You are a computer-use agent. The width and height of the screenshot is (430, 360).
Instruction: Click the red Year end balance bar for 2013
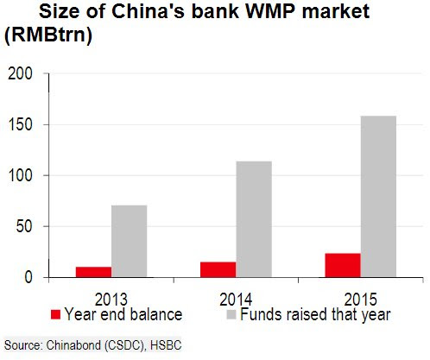pyautogui.click(x=94, y=272)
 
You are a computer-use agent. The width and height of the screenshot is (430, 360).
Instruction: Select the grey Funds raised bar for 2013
pyautogui.click(x=130, y=241)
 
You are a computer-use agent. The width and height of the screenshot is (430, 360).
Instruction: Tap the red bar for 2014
pyautogui.click(x=218, y=269)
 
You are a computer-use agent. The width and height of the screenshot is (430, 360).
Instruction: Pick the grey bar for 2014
pyautogui.click(x=254, y=219)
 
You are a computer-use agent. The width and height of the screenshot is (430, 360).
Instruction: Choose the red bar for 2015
pyautogui.click(x=343, y=265)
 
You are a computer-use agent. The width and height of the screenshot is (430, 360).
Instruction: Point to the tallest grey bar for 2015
pyautogui.click(x=378, y=197)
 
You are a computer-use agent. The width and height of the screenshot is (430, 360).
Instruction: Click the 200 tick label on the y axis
pyautogui.click(x=20, y=74)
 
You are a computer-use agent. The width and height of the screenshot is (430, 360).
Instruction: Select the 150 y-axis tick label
pyautogui.click(x=20, y=125)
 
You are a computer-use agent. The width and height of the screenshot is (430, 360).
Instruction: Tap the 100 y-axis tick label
pyautogui.click(x=20, y=175)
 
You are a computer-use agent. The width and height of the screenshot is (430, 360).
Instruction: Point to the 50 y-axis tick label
pyautogui.click(x=24, y=226)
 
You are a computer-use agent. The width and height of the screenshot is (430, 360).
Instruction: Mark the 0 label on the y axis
pyautogui.click(x=28, y=277)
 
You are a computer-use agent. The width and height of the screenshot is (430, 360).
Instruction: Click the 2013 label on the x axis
pyautogui.click(x=111, y=300)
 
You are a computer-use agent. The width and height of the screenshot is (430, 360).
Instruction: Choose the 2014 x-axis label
pyautogui.click(x=236, y=300)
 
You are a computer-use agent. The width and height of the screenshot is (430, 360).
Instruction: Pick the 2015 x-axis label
pyautogui.click(x=360, y=300)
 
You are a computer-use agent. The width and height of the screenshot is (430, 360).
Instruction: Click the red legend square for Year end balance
pyautogui.click(x=55, y=314)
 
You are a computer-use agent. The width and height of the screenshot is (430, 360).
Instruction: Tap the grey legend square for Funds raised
pyautogui.click(x=231, y=314)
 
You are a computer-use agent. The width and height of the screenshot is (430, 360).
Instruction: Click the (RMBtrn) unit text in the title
pyautogui.click(x=48, y=35)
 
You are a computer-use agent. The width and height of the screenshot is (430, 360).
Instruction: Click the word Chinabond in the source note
pyautogui.click(x=74, y=345)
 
